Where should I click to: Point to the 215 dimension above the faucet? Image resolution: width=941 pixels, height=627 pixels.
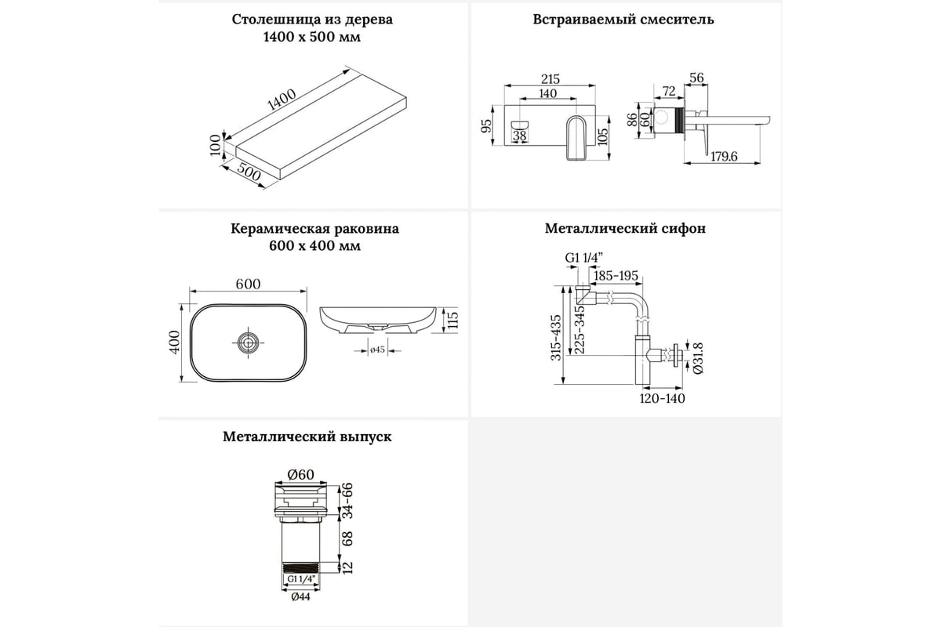(550, 79)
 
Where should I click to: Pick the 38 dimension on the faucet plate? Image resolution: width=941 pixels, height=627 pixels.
(519, 136)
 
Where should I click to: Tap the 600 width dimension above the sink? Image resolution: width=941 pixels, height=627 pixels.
(248, 285)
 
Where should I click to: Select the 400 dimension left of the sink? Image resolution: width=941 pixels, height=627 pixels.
(175, 342)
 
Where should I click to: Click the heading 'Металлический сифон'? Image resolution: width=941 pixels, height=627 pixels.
(625, 229)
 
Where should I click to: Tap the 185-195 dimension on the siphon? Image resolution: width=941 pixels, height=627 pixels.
(616, 276)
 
